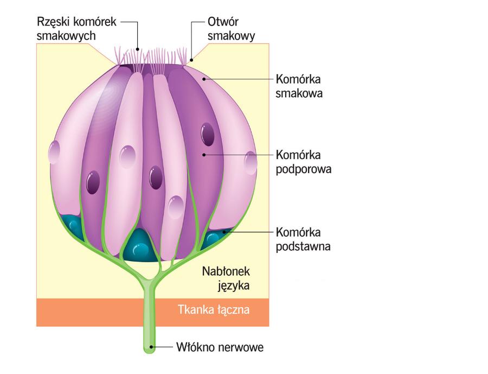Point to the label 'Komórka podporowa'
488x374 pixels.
(x=304, y=161)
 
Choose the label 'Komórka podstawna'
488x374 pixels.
(x=304, y=239)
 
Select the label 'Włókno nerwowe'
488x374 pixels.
(x=220, y=346)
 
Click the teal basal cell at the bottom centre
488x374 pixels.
(x=140, y=246)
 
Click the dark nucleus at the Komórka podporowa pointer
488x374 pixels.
(x=208, y=135)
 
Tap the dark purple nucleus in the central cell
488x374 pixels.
(x=156, y=178)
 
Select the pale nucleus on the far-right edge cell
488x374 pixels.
(x=251, y=162)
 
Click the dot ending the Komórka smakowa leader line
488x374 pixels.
(x=204, y=80)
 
